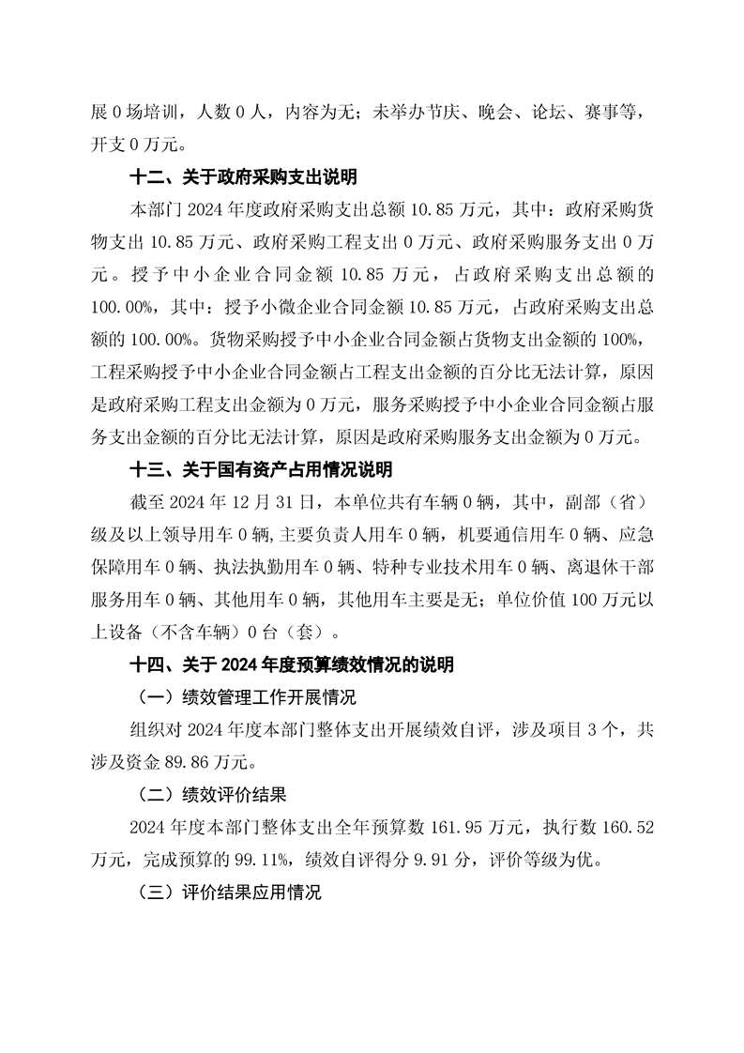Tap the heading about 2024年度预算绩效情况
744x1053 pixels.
[x=292, y=664]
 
